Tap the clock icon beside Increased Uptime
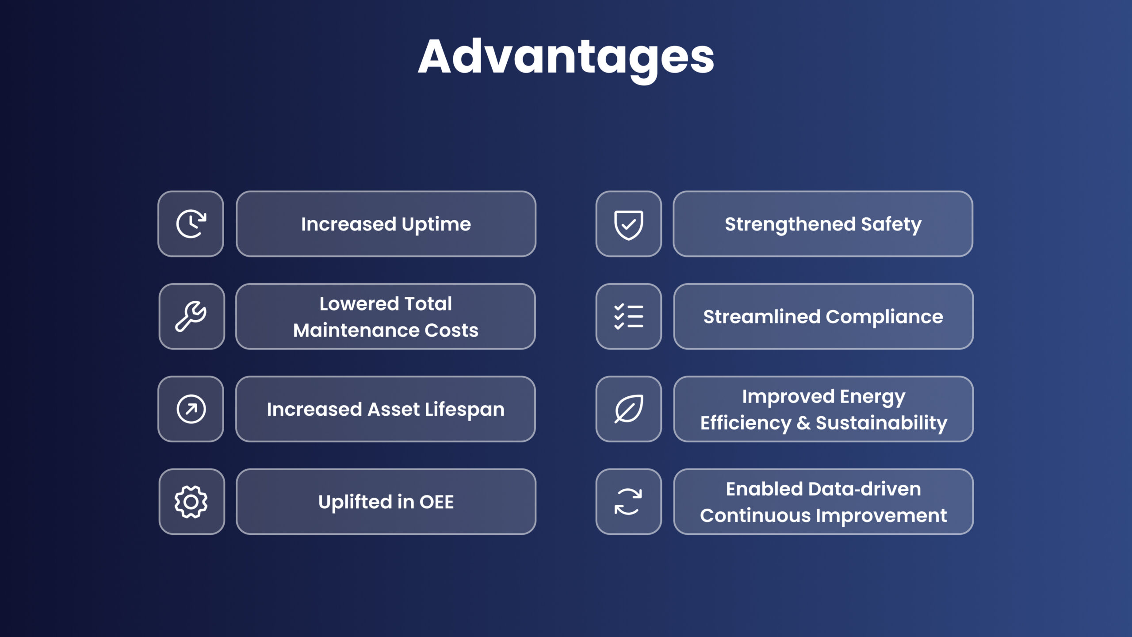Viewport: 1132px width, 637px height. point(191,224)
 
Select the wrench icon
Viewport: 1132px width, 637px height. point(191,316)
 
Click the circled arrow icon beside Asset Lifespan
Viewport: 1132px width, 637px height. point(191,409)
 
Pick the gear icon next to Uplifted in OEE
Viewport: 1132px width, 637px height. point(191,502)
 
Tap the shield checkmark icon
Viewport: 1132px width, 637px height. point(628,224)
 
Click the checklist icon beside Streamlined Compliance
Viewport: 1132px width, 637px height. point(628,316)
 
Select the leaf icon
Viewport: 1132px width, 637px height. point(628,409)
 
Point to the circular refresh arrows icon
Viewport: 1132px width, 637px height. point(628,502)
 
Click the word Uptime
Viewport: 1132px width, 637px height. point(436,225)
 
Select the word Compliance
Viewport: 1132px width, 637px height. point(884,317)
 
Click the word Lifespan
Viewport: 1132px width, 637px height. point(464,410)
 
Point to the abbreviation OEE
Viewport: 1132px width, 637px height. point(436,502)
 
